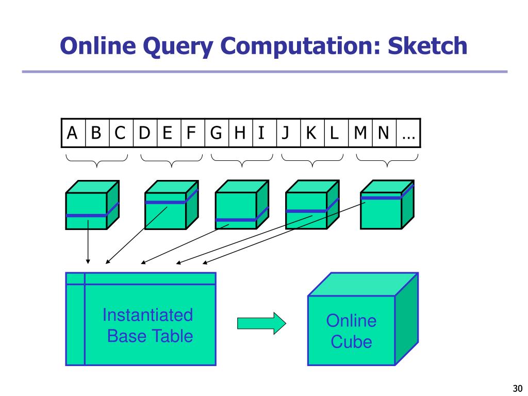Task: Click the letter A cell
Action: [73, 133]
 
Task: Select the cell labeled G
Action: [216, 133]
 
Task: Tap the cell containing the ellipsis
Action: [408, 133]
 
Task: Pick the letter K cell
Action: [311, 133]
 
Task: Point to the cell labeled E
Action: [167, 133]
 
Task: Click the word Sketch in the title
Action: [427, 46]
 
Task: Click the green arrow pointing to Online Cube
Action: [261, 323]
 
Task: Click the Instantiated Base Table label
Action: [148, 325]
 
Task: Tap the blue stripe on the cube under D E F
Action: [166, 202]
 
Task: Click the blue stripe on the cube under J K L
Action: [306, 210]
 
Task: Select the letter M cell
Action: [360, 133]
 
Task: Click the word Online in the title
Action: [98, 46]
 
